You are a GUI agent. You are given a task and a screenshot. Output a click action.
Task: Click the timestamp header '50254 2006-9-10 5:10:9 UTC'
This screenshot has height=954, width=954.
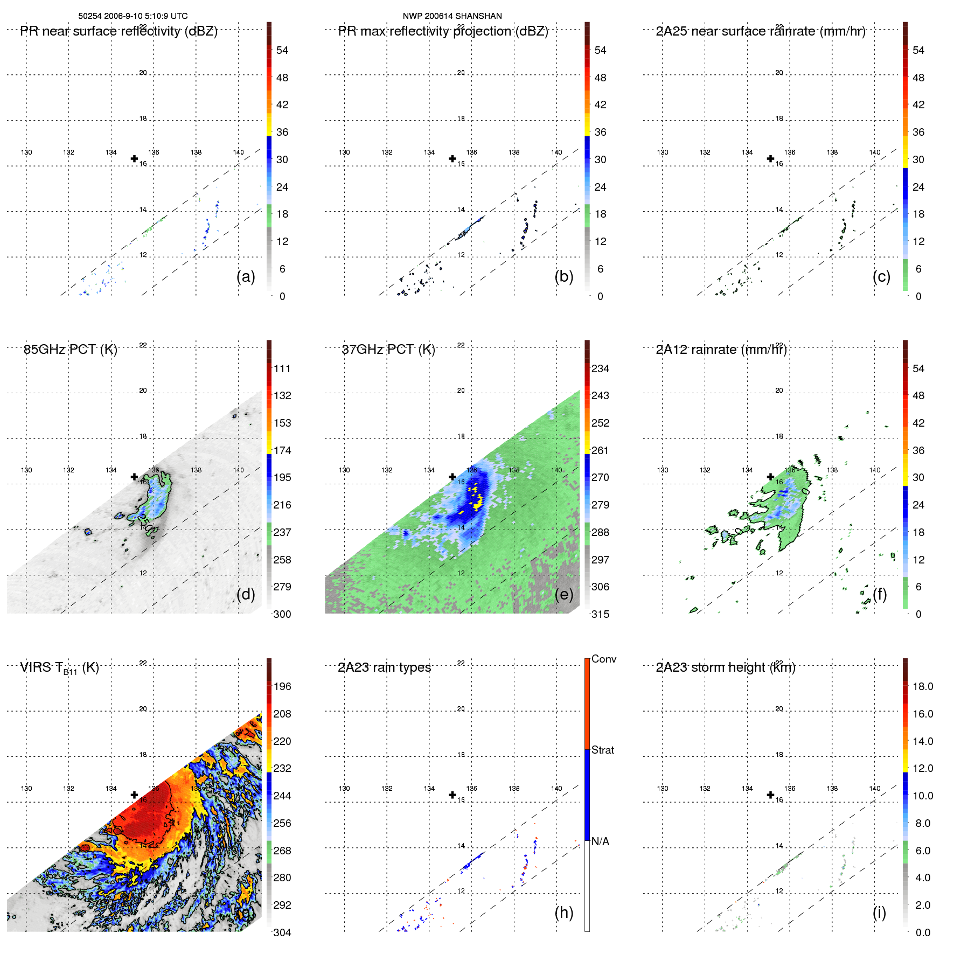133,16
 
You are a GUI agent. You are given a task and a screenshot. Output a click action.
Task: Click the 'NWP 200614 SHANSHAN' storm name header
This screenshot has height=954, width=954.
452,16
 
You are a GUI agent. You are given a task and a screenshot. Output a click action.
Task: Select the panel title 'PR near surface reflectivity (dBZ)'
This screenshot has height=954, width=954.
119,31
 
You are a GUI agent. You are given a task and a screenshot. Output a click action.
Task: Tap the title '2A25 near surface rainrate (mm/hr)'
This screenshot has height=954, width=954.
761,31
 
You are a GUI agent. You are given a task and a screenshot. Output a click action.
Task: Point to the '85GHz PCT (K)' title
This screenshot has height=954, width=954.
70,349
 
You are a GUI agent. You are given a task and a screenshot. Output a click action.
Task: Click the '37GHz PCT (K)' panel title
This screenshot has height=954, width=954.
388,349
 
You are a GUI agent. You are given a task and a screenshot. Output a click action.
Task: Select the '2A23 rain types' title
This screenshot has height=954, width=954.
384,667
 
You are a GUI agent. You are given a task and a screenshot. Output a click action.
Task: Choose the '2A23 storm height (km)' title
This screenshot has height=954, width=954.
726,667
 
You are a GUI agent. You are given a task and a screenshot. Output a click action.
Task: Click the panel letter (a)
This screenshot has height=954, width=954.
246,276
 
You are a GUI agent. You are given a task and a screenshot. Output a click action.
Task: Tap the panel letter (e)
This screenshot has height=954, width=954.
564,594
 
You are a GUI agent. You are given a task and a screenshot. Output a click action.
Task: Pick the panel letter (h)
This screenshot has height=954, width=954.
564,913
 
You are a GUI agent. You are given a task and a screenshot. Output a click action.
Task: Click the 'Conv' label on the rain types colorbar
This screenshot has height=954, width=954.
604,659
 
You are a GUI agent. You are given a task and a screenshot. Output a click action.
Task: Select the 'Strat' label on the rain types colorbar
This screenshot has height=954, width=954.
603,750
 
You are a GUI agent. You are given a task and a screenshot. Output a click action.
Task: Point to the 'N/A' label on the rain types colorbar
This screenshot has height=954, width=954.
600,841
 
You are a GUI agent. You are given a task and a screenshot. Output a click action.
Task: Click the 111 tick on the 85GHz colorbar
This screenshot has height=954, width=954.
282,368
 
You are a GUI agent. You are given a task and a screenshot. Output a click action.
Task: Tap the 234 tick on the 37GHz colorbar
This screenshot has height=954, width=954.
600,368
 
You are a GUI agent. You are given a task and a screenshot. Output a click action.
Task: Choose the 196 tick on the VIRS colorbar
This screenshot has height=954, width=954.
282,686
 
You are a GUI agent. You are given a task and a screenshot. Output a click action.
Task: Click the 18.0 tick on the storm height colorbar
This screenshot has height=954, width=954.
923,686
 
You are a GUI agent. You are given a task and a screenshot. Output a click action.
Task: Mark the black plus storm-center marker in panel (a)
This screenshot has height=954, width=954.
134,158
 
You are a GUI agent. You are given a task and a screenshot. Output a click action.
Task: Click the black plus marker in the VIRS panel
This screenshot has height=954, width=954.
134,795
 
